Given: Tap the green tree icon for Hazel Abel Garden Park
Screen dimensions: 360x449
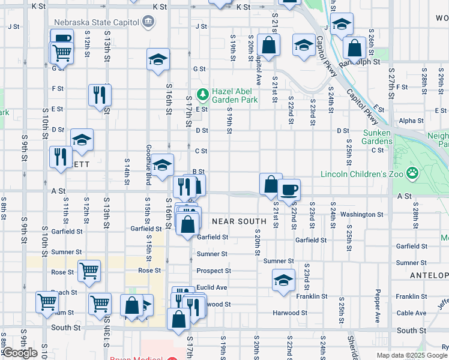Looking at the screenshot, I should (x=203, y=93).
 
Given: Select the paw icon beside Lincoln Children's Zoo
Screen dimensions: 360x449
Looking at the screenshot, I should (x=412, y=174).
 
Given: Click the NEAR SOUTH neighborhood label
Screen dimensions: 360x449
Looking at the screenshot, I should (x=239, y=221).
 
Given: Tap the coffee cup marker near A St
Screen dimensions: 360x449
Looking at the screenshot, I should (x=289, y=188).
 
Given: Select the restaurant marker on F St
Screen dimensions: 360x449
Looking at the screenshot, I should (x=100, y=94).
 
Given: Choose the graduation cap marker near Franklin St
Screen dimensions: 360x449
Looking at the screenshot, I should (x=283, y=280).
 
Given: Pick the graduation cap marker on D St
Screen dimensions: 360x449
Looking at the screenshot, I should (x=82, y=140).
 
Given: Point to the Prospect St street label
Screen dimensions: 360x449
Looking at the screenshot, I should (x=214, y=271).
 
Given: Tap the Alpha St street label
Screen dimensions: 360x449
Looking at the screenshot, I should (x=411, y=121).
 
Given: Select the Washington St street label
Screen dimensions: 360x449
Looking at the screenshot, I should (x=361, y=214).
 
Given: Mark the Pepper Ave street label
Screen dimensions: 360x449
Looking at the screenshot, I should (x=377, y=307).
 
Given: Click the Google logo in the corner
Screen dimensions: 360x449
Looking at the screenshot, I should (x=20, y=353).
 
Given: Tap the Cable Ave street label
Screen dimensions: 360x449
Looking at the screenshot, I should (x=411, y=313).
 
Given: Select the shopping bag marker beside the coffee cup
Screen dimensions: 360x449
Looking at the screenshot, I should (x=271, y=183).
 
